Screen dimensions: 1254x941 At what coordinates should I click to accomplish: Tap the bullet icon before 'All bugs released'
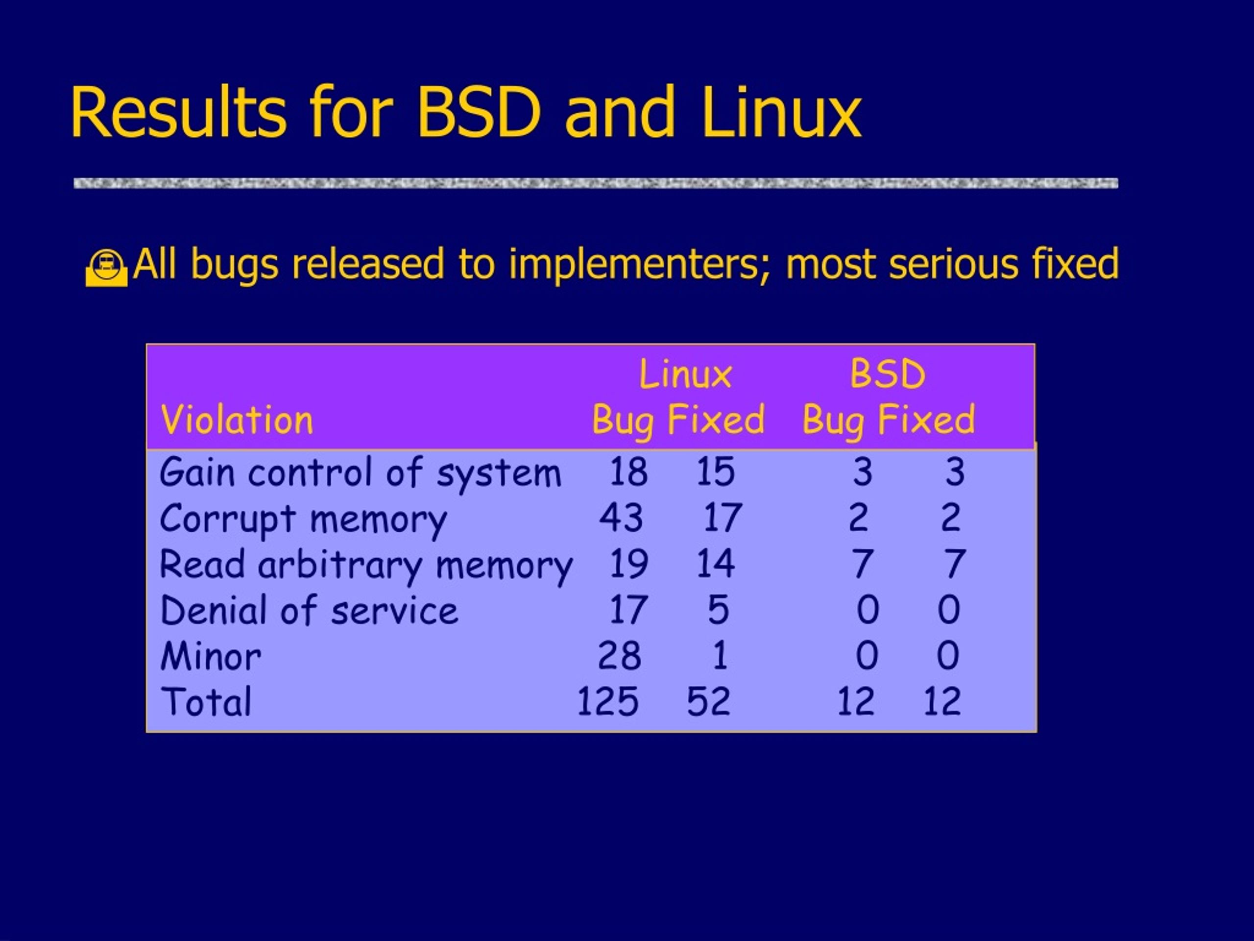click(107, 268)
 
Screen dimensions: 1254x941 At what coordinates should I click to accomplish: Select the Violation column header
click(237, 421)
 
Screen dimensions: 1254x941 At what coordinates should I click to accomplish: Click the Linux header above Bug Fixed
click(685, 374)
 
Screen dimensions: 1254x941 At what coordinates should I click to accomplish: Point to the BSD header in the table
click(888, 374)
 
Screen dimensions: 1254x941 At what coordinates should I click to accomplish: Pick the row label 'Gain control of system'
click(361, 472)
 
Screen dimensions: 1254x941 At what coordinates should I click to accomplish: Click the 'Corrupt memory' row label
click(303, 520)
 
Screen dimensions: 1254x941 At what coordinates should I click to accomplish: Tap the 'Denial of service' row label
click(309, 611)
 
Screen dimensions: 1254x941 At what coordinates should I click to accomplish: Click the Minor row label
click(210, 657)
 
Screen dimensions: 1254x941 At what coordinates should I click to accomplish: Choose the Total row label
click(206, 702)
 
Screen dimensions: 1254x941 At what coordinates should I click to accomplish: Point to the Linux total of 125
click(608, 702)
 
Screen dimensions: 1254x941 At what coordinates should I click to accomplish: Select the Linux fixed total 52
click(709, 702)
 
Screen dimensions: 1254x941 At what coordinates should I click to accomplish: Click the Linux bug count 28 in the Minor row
click(620, 656)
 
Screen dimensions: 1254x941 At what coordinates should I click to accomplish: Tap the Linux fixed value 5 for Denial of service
click(718, 610)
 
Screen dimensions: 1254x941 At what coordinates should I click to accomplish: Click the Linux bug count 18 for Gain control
click(628, 471)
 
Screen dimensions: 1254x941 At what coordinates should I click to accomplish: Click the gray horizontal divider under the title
click(596, 183)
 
